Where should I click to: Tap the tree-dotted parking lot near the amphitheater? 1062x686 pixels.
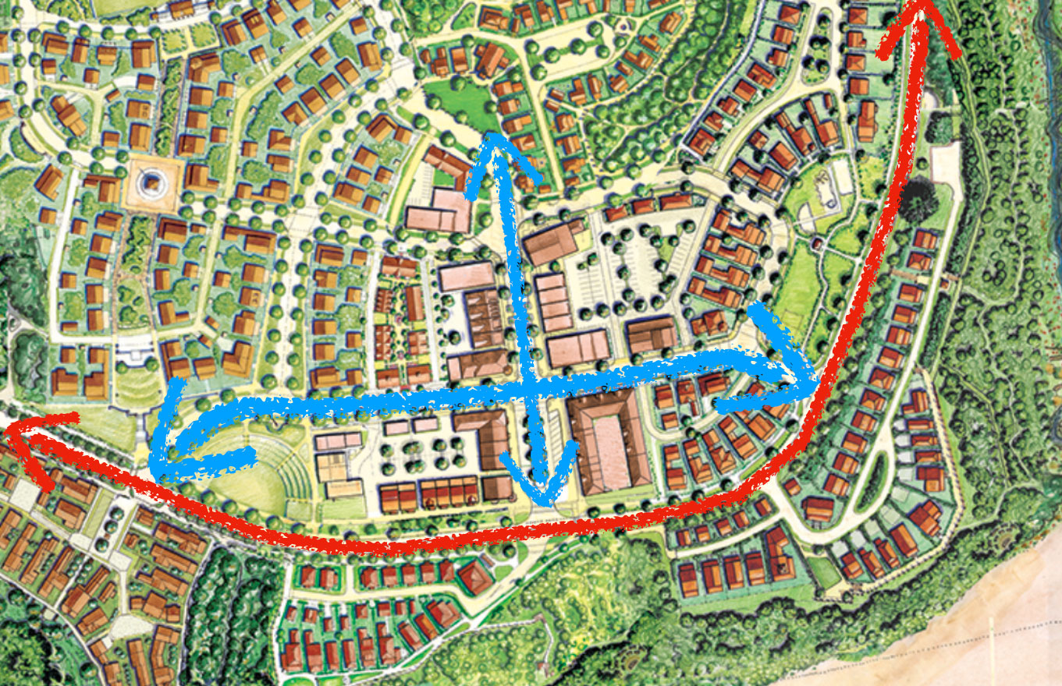point(414,456)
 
